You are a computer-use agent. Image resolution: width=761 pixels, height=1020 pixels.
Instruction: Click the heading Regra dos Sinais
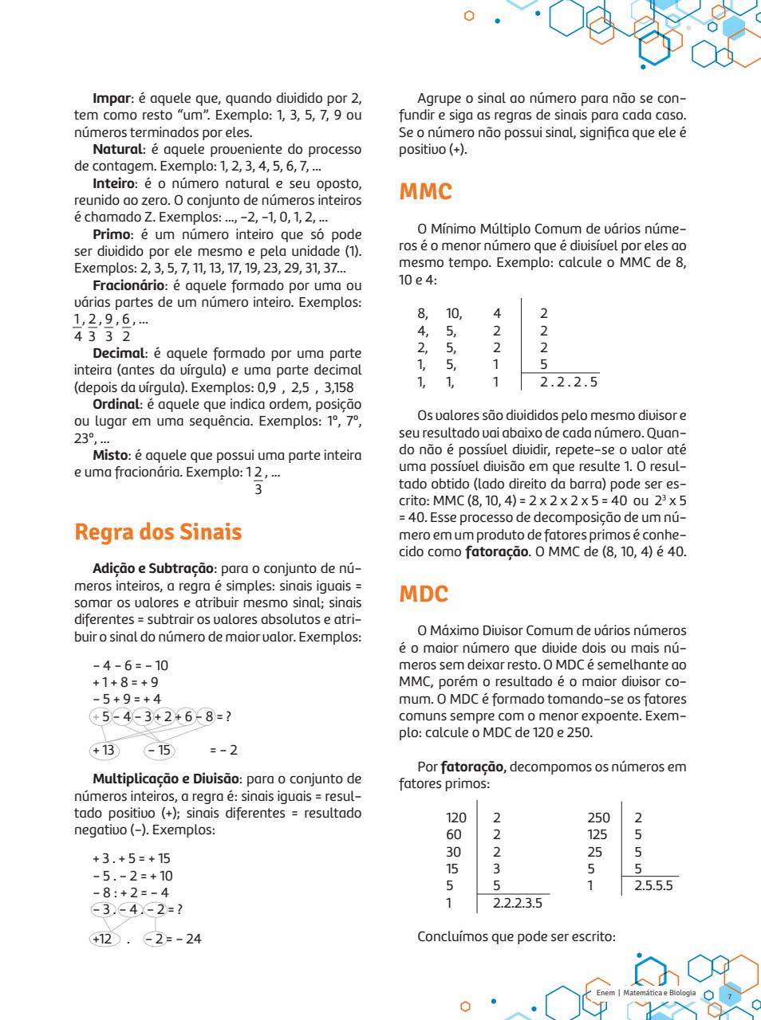click(158, 532)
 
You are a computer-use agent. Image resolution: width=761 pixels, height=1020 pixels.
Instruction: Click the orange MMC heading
click(425, 192)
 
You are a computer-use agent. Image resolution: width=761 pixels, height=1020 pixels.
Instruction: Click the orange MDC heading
click(424, 594)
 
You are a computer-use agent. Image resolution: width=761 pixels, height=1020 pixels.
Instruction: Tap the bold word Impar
click(112, 99)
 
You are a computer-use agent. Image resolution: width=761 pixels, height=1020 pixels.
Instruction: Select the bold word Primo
click(112, 234)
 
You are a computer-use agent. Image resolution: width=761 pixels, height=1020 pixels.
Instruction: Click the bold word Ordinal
click(118, 404)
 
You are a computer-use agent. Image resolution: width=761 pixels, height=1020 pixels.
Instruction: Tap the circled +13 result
click(104, 750)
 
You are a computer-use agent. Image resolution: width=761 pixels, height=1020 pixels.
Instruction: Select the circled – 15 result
click(159, 750)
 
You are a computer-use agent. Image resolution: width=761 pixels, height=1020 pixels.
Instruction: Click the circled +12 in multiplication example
click(102, 939)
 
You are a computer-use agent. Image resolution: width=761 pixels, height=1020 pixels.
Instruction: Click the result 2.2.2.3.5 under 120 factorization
click(517, 903)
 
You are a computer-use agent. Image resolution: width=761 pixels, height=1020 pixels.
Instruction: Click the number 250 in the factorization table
click(598, 818)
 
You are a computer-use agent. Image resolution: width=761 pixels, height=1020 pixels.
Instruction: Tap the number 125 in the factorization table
click(597, 834)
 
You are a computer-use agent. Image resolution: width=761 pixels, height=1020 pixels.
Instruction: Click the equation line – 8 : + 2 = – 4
click(131, 892)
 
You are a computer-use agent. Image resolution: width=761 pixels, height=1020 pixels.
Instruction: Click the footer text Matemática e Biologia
click(660, 993)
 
